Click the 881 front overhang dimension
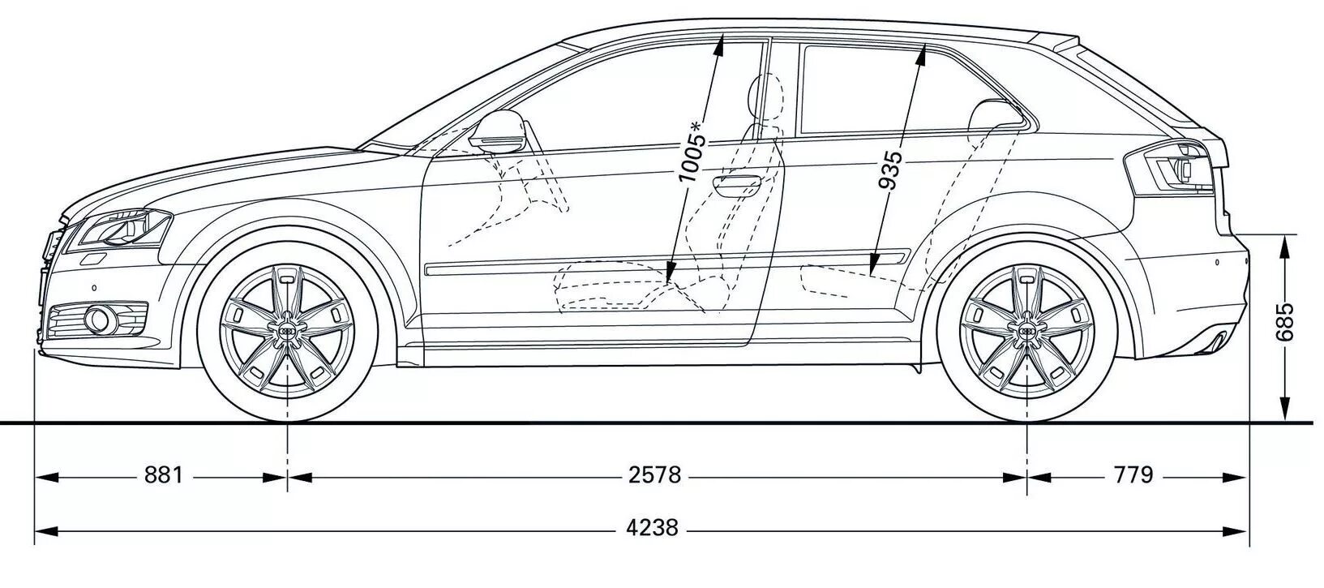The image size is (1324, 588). [164, 475]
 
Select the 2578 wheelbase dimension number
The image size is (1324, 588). [655, 475]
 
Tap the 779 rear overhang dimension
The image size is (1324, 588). [1133, 475]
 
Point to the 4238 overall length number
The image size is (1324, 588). [653, 528]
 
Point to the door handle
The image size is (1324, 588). [737, 185]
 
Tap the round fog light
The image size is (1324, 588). [101, 320]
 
